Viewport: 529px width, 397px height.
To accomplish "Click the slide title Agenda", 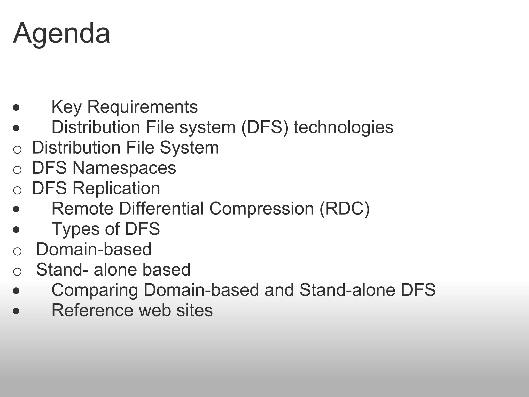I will click(x=61, y=34).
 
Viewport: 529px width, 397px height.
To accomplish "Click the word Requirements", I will click(x=142, y=107).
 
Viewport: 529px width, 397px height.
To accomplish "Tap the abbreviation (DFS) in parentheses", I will click(x=264, y=127).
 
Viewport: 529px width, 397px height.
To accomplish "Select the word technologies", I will click(x=343, y=127).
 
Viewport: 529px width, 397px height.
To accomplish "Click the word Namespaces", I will click(x=124, y=168).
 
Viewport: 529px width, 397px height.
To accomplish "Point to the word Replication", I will click(x=116, y=188).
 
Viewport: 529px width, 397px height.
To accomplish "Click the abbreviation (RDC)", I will click(x=345, y=208).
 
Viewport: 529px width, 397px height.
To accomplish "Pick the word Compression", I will click(x=261, y=208).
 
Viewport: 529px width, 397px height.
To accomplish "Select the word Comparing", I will click(x=95, y=290).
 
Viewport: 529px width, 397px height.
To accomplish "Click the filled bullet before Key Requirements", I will click(x=16, y=108).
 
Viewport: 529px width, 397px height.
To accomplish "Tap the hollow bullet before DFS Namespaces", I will click(x=17, y=170).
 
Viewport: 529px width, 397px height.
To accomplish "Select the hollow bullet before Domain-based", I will click(x=17, y=251).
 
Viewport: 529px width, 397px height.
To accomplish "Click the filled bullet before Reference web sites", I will click(x=16, y=311).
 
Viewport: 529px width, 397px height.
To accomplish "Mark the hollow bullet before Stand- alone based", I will click(x=17, y=271).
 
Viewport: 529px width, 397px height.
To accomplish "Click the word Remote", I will click(x=82, y=208).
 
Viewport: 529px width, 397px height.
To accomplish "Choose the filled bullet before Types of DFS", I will click(x=16, y=230).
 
